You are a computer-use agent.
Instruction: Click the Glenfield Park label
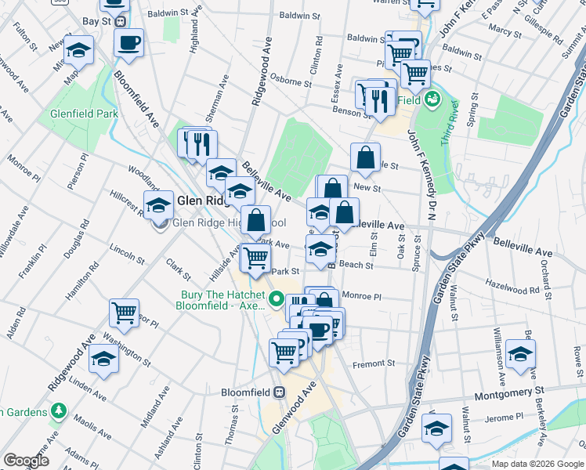coord(84,114)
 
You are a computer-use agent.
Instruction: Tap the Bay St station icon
coord(120,22)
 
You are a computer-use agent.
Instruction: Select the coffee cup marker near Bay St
coord(129,42)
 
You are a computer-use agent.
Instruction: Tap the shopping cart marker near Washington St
coord(124,313)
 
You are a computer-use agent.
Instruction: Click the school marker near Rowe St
coord(520,354)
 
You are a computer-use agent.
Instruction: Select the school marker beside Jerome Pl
coord(436,428)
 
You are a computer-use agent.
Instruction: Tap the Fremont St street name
coord(374,363)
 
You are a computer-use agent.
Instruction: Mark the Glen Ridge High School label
coord(230,222)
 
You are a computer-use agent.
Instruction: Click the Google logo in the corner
coord(26,461)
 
